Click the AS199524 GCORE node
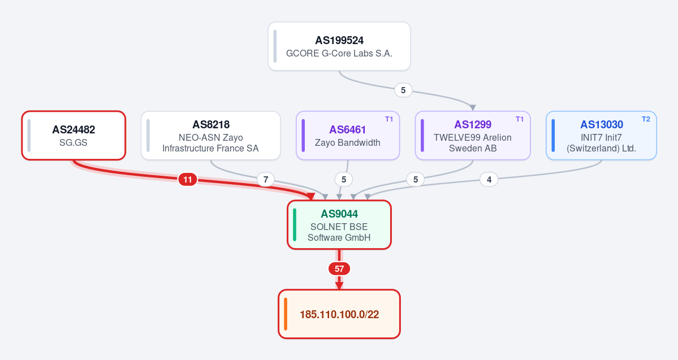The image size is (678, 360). point(339,46)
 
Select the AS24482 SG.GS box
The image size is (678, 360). point(74,135)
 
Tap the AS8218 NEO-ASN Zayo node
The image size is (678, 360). point(210,135)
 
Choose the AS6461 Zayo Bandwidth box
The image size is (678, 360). point(348,135)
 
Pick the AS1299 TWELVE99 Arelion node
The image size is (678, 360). point(473,135)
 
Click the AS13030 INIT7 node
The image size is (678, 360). point(601,135)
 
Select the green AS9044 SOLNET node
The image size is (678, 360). point(339,225)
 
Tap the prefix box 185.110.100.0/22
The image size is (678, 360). point(339,314)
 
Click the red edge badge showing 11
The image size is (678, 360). point(188,179)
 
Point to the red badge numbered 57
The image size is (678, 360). point(339,269)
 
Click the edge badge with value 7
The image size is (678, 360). point(266,179)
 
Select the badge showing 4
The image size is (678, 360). point(489,179)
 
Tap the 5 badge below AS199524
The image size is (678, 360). point(403,90)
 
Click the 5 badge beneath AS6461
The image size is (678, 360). point(344,179)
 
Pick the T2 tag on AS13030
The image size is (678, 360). point(646,119)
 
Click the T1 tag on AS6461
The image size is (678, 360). point(389,119)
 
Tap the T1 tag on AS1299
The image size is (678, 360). point(520,119)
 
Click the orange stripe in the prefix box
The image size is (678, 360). point(286,314)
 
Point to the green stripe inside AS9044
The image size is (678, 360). point(295,225)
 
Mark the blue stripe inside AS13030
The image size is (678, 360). point(553,135)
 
